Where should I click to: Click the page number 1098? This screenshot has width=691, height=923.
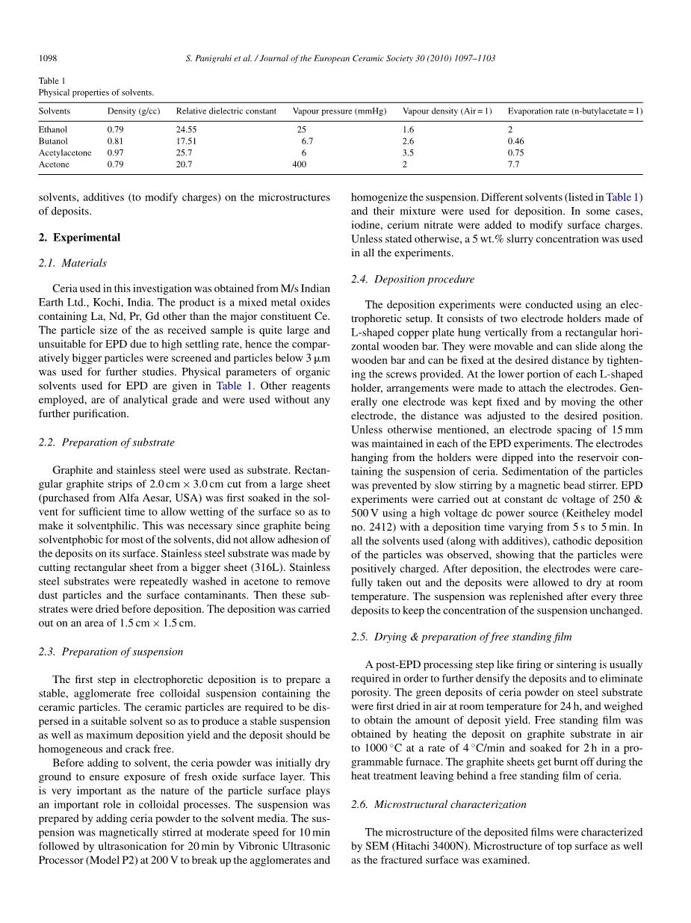48,58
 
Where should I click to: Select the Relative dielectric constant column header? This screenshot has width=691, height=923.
226,111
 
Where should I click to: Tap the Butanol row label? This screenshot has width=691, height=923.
53,141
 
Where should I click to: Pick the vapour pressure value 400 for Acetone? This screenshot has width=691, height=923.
299,164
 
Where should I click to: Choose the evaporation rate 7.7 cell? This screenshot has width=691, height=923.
513,164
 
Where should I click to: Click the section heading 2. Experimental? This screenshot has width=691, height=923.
79,238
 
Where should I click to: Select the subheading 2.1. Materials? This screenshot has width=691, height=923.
72,263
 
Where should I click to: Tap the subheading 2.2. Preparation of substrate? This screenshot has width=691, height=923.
106,442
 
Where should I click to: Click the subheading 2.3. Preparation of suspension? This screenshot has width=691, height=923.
111,652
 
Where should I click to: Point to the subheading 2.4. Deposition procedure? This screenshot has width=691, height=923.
412,280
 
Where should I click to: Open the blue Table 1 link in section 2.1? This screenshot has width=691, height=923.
235,386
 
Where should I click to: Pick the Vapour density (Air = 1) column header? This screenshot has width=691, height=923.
447,111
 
